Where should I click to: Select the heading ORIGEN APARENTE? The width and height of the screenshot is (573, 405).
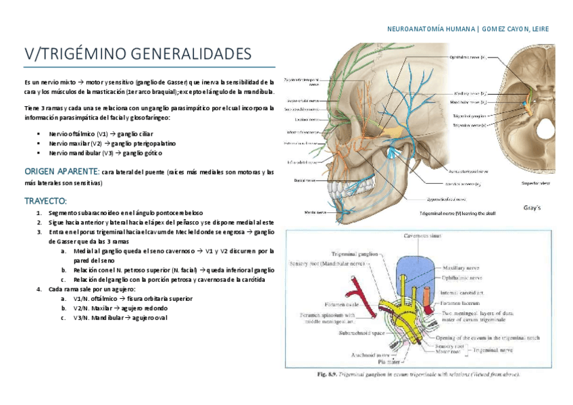click(61, 172)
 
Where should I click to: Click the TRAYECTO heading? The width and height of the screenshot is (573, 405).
click(45, 201)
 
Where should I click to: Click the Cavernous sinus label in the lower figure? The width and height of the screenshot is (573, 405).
click(422, 236)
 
